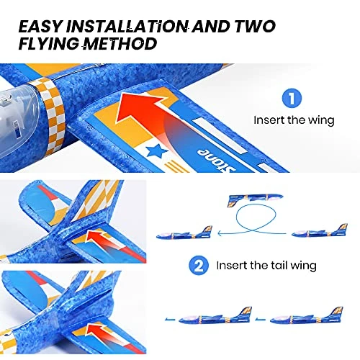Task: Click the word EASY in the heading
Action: (x=40, y=26)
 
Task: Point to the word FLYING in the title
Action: (x=49, y=44)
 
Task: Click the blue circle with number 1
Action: (x=292, y=98)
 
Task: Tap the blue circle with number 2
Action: (x=199, y=266)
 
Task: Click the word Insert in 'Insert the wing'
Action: (x=269, y=120)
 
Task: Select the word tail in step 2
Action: (x=279, y=265)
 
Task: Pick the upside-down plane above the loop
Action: (x=256, y=199)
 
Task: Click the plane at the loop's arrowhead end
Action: (x=184, y=233)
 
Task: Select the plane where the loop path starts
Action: (x=320, y=231)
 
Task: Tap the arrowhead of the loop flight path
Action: (x=220, y=233)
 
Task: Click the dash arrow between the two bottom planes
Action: (x=261, y=319)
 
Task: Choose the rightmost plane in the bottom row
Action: (x=307, y=316)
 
